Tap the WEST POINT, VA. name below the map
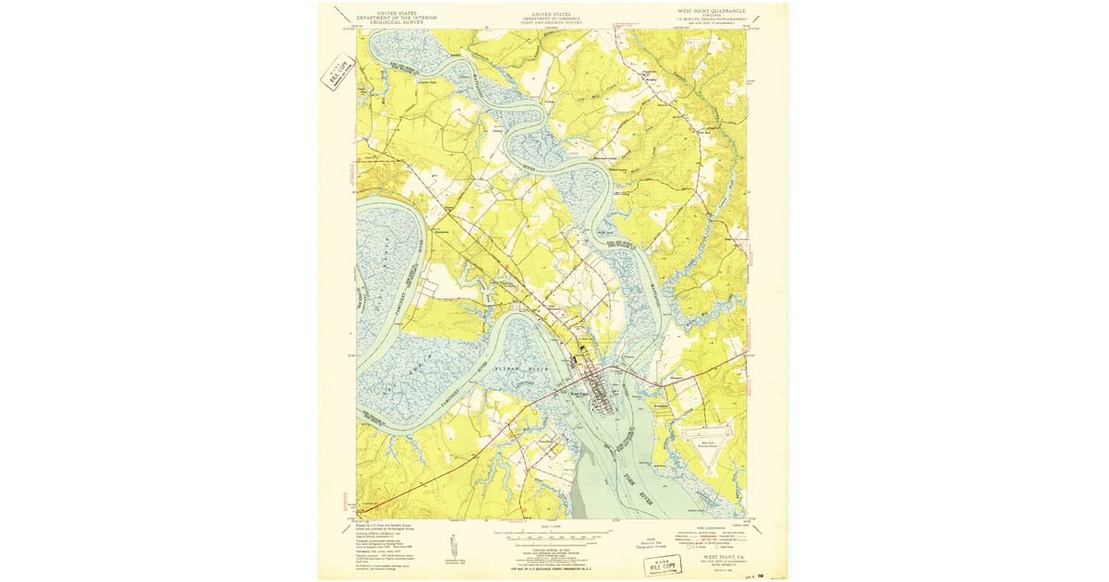725,557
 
